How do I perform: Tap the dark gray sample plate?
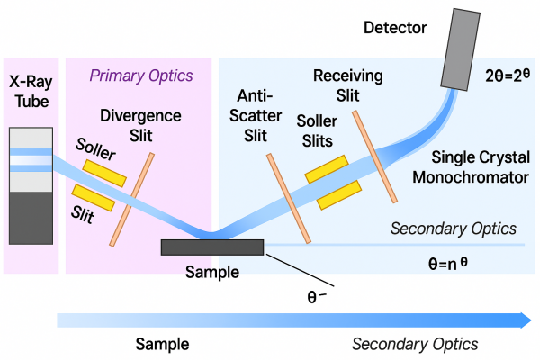(x=211, y=247)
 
